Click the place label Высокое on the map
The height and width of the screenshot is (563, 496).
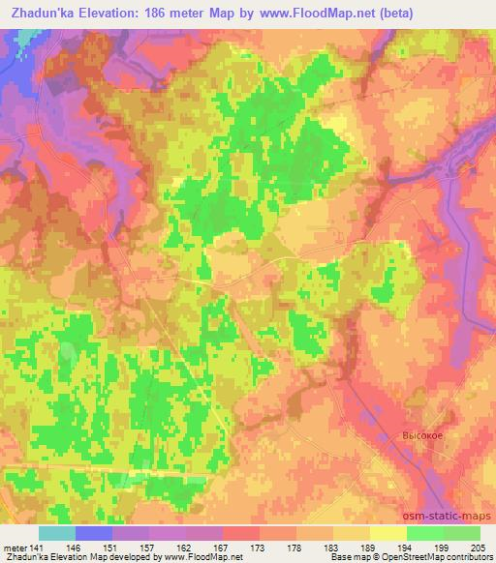pos(423,435)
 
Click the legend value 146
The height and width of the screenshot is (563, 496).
pos(73,548)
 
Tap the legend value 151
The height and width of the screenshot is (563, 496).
pos(110,548)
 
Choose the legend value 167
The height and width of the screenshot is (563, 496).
pos(223,548)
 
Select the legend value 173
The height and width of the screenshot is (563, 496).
pos(260,548)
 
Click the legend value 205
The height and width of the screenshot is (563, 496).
pos(477,548)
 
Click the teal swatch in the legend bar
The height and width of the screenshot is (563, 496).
pos(57,533)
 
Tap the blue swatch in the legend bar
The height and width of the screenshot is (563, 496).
pos(94,533)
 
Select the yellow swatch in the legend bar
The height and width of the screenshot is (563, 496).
pos(388,533)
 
